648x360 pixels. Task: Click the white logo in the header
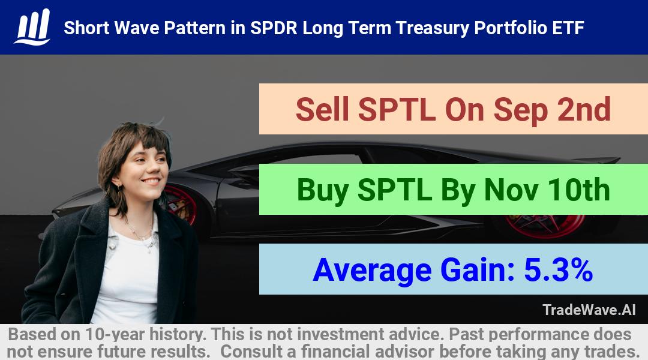(x=32, y=27)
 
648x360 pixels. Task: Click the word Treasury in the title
(x=432, y=28)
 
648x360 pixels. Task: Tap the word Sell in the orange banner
(x=322, y=109)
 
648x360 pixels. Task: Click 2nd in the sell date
(x=584, y=109)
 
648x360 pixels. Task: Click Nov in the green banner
(x=511, y=190)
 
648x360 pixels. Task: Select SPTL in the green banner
(x=395, y=190)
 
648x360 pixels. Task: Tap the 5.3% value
(x=559, y=269)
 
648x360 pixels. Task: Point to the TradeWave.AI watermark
(x=589, y=310)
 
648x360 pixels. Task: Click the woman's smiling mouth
(x=151, y=181)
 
